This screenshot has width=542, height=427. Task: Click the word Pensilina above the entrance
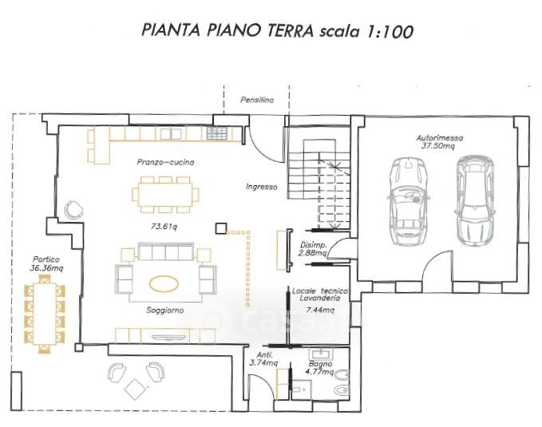coord(257,100)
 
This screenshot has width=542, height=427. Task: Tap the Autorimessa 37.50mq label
coord(439,142)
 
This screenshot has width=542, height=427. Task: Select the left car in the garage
coord(409,202)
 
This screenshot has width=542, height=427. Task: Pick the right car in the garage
coord(475,201)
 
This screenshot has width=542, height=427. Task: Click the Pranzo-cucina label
coord(165,162)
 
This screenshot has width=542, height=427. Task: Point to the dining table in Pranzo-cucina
coord(165,194)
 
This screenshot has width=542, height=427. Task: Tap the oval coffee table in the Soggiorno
coord(164,284)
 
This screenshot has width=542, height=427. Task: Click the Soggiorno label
coord(165,310)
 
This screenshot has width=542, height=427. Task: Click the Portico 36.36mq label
coord(46,263)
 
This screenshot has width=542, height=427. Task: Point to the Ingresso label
coord(262,187)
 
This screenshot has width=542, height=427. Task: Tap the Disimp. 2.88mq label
coord(313,249)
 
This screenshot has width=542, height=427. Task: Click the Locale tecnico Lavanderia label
coord(320,295)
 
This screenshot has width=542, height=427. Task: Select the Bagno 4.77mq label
coord(320,368)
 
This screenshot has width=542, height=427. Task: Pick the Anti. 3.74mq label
coord(263,359)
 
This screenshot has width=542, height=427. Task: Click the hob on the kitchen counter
coord(217,133)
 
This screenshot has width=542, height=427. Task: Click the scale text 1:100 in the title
coord(387,32)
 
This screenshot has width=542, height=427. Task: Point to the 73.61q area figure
coord(164,227)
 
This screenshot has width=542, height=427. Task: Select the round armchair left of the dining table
coord(73,210)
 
